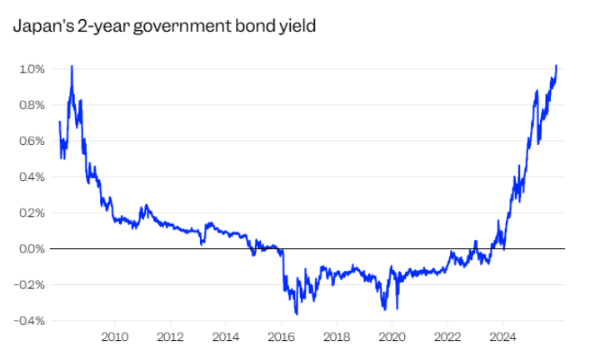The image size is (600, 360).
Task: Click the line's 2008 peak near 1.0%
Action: click(72, 66)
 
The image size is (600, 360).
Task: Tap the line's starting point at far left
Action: click(59, 122)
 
